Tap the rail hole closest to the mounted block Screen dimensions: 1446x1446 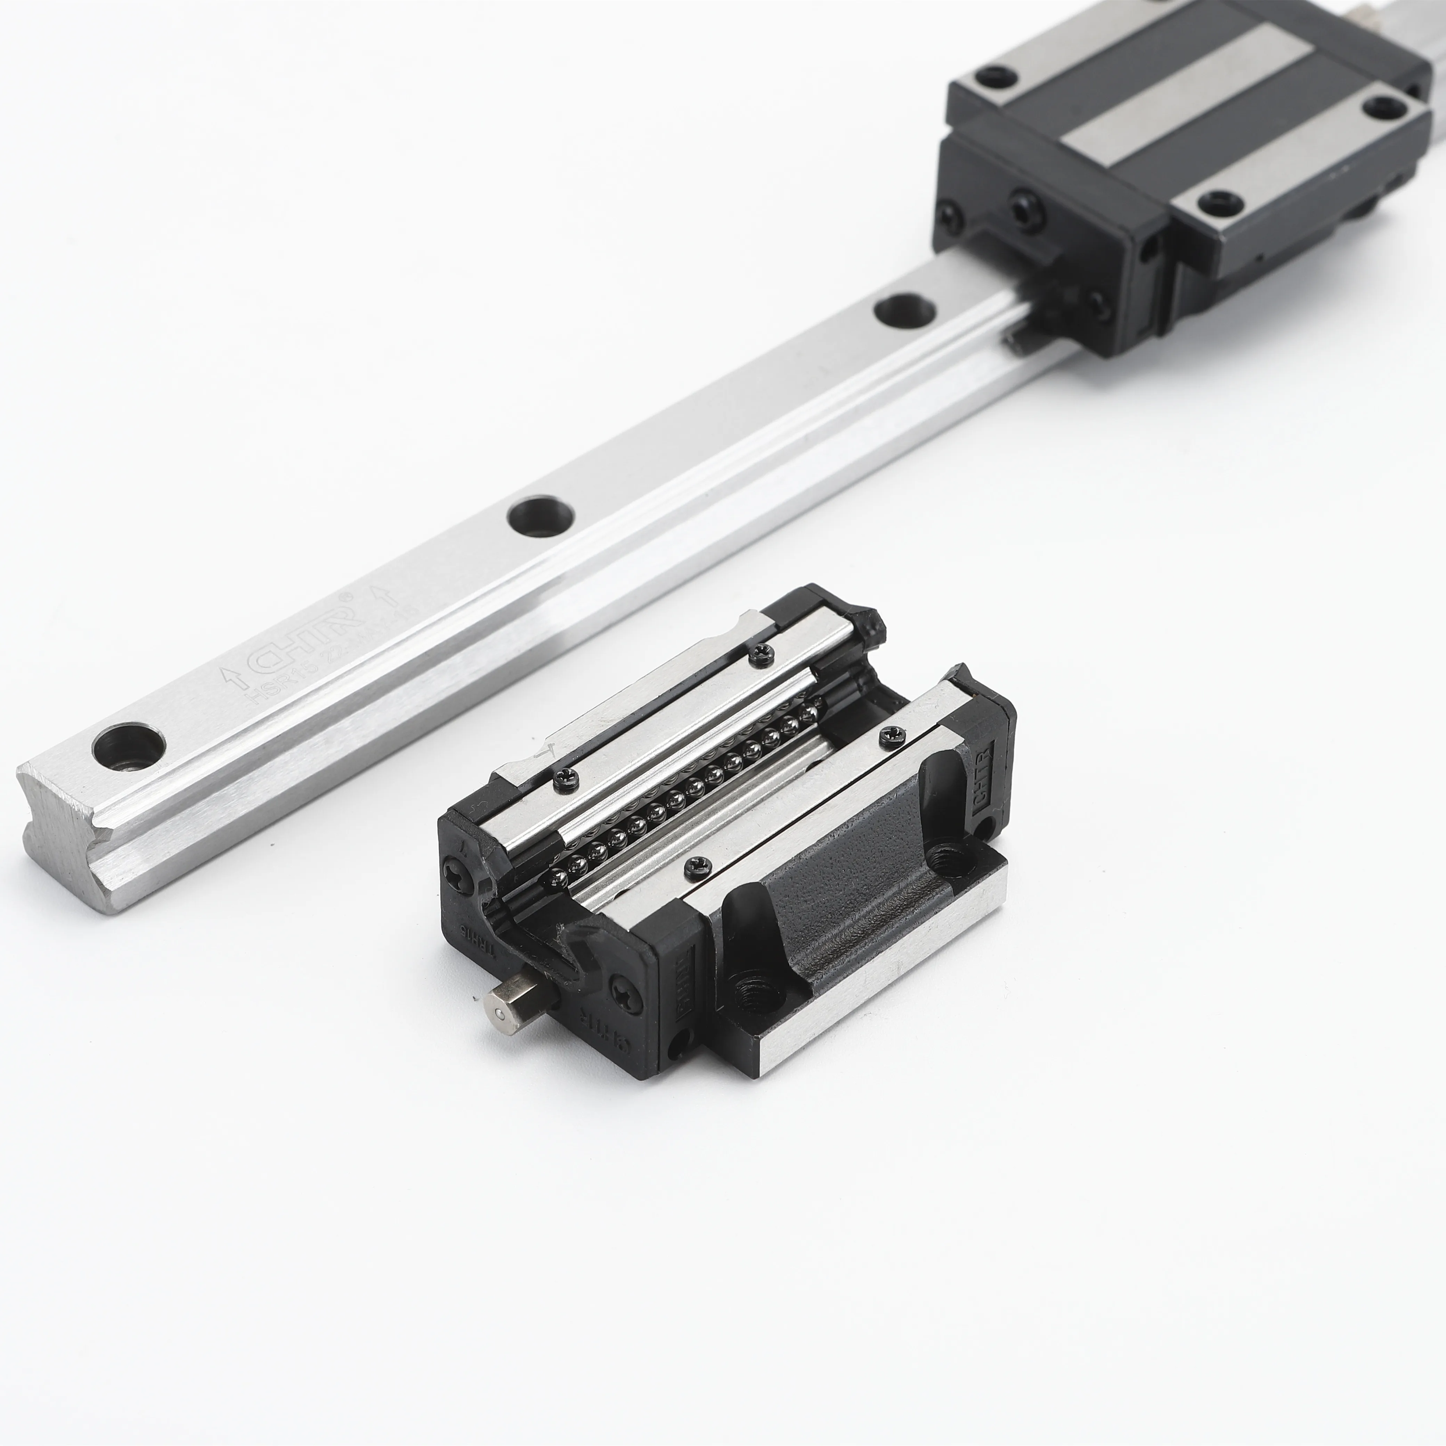(x=904, y=310)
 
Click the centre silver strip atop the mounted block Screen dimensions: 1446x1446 (x=1190, y=97)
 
